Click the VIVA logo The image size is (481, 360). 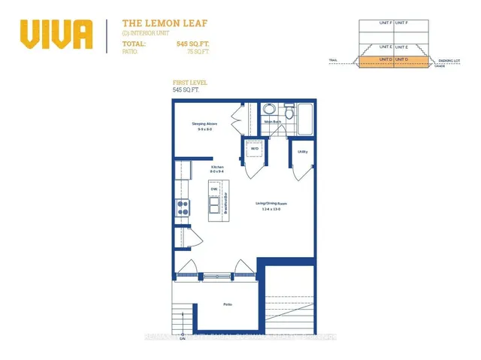56,34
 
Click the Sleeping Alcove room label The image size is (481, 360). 201,124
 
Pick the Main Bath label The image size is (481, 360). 272,121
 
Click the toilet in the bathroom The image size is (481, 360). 268,109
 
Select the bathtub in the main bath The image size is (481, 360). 306,119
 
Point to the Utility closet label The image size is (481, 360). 303,152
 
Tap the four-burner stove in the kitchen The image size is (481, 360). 183,208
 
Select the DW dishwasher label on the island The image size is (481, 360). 213,189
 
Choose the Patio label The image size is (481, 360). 226,304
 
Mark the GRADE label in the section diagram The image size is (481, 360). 441,66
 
